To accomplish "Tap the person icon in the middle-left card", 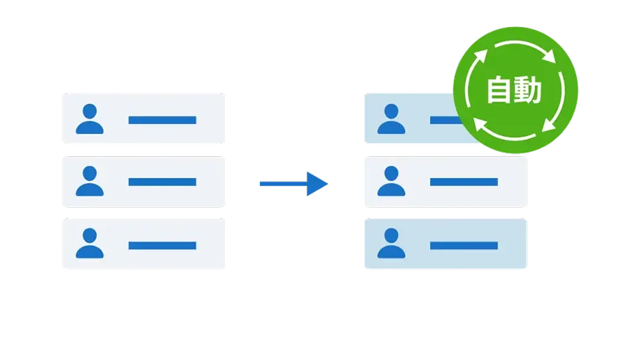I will (90, 182).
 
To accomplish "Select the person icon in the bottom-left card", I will (90, 244).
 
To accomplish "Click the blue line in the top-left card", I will (162, 120).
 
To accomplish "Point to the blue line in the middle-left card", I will (162, 182).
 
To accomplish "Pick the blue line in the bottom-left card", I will (162, 245).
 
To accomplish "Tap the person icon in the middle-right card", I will (391, 182).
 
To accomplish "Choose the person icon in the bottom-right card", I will (391, 244).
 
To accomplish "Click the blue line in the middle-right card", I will (464, 182).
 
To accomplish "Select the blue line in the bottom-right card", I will (464, 245).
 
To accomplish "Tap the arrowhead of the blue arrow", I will (318, 184).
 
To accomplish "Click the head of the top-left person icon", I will (90, 111).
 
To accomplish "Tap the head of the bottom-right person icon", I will (391, 235).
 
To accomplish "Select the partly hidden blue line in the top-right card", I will (442, 120).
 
